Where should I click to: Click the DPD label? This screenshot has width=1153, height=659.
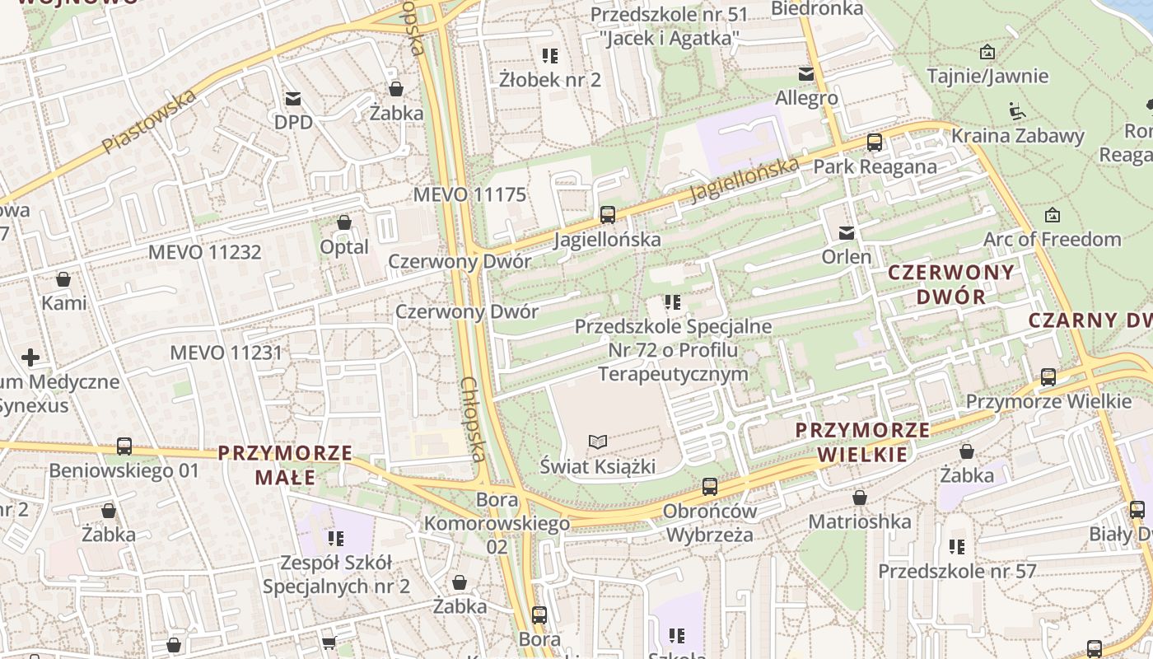pos(293,122)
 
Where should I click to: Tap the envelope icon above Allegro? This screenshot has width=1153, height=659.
pos(805,74)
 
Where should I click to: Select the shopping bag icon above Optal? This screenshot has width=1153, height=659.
pos(344,222)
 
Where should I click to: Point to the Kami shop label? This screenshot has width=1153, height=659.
pos(63,302)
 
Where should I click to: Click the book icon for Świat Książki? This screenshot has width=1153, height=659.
pos(598,442)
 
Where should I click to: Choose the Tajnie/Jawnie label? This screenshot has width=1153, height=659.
pos(987,77)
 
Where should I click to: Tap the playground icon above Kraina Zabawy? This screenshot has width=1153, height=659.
pos(1017,110)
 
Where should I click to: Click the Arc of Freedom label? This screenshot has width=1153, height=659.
pos(1052,240)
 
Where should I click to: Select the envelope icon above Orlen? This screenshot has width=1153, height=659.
pos(846,233)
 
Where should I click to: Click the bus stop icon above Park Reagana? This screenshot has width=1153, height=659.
pos(875,142)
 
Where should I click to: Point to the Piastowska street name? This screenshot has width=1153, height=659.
pos(150,121)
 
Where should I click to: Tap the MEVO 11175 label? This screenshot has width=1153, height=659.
pos(469,195)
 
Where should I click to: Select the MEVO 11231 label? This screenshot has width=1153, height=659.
pos(226,353)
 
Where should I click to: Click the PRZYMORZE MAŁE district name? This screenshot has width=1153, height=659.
pos(285,465)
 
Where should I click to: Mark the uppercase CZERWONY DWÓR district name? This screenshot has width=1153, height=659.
pos(951,284)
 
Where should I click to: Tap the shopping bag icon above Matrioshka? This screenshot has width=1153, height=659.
pos(860,498)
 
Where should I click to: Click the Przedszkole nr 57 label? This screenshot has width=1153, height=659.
pos(956,571)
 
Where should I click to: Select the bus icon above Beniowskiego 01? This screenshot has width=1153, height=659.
pos(124,446)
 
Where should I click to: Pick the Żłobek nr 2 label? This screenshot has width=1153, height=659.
pos(549,80)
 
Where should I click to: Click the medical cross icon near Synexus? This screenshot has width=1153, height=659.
pos(30,358)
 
